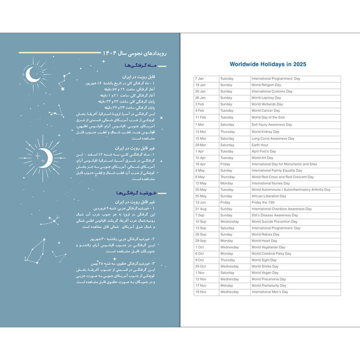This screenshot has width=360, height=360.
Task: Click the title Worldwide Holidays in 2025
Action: [x=268, y=64]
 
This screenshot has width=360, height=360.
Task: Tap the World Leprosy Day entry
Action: [x=266, y=97]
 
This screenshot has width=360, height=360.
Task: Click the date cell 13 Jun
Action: [x=200, y=202]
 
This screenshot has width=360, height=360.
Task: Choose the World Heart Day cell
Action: [x=264, y=240]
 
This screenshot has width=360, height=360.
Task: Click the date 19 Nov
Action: [x=201, y=291]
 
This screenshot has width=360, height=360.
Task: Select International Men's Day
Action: [x=270, y=291]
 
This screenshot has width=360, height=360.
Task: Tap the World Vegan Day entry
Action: [x=265, y=273]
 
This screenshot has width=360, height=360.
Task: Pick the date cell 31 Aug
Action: [x=201, y=209]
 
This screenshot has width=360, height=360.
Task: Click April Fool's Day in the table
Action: [x=264, y=151]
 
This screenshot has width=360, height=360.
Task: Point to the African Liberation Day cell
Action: [x=269, y=196]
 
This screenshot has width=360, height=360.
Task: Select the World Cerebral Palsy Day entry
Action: [x=271, y=253]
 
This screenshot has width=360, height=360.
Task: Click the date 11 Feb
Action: [x=200, y=117]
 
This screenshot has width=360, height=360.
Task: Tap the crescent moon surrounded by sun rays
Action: [x=44, y=155]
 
